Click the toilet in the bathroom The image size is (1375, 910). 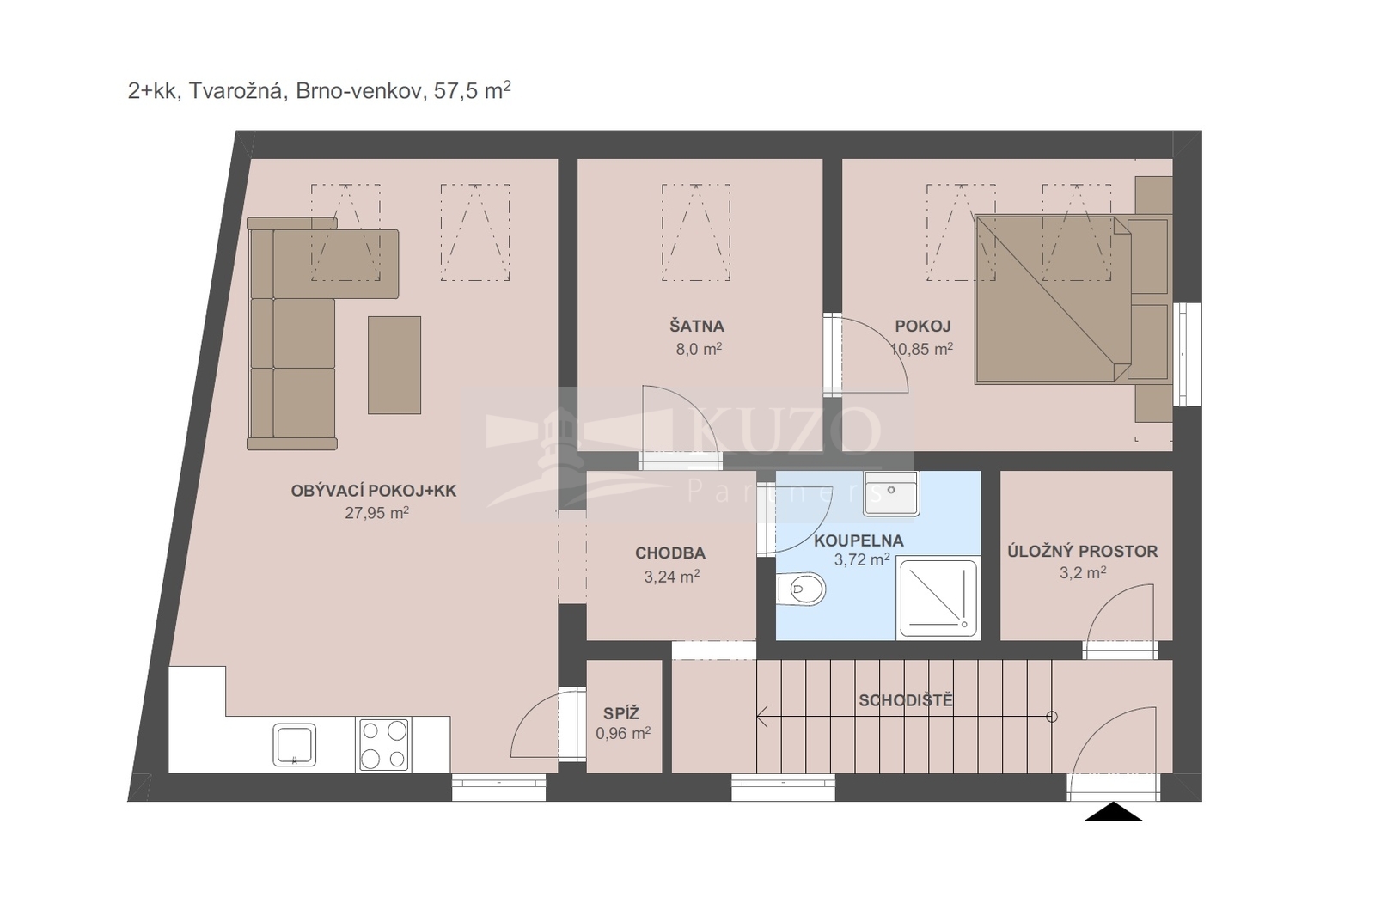tap(800, 589)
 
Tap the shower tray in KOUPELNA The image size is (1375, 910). tap(938, 598)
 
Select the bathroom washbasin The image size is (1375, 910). tap(890, 493)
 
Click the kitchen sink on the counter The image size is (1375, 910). tap(295, 744)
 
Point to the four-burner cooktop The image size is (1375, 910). tap(383, 745)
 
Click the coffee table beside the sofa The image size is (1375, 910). tap(394, 365)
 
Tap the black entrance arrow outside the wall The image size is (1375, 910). tap(1113, 811)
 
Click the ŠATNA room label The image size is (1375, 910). tap(697, 326)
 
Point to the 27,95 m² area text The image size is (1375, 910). tap(377, 512)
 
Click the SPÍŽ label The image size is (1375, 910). tap(621, 713)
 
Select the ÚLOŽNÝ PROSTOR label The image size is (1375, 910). tap(1083, 551)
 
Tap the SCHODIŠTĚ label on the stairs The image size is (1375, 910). tap(906, 700)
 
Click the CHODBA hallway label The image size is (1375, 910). tap(670, 553)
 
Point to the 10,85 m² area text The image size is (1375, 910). tap(921, 349)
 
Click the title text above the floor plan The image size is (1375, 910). tap(319, 90)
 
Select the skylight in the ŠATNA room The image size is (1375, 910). tap(696, 233)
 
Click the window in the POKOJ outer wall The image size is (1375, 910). tap(1187, 354)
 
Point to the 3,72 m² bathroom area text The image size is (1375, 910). tap(862, 559)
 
